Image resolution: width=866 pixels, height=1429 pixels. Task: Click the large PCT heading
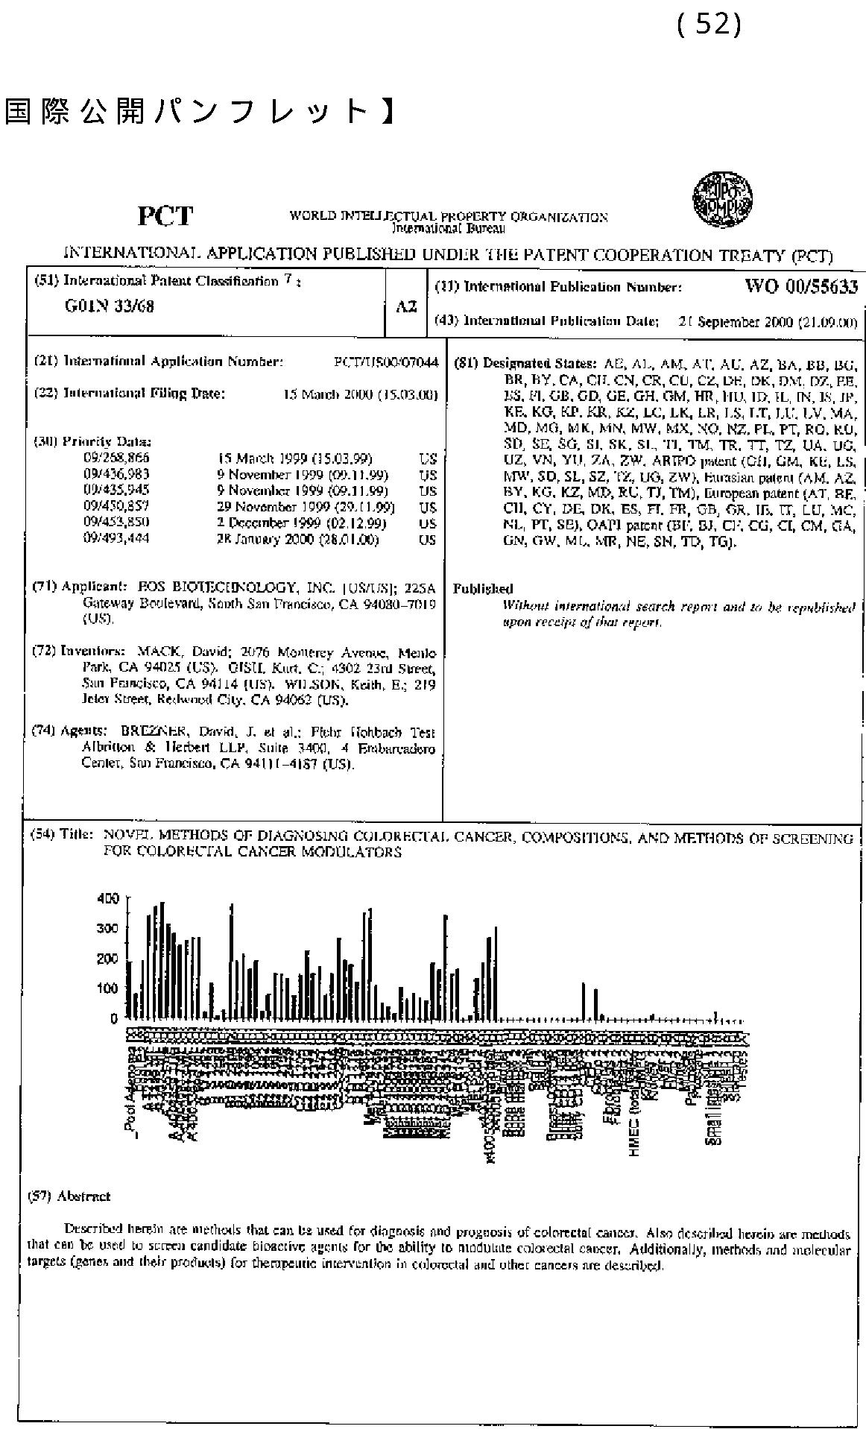pos(165,216)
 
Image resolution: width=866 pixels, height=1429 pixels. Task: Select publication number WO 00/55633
pos(800,286)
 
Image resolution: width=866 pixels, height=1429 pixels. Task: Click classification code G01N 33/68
pos(110,306)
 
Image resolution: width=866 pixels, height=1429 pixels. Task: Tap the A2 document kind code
pos(405,306)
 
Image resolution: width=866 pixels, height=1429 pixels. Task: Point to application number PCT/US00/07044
pos(386,362)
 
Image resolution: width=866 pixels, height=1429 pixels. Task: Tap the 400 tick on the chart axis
pos(108,898)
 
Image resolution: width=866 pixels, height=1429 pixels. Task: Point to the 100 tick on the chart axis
pos(108,988)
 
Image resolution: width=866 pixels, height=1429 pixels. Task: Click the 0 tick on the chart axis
pos(114,1019)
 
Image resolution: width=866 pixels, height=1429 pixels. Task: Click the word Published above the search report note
pos(483,589)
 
